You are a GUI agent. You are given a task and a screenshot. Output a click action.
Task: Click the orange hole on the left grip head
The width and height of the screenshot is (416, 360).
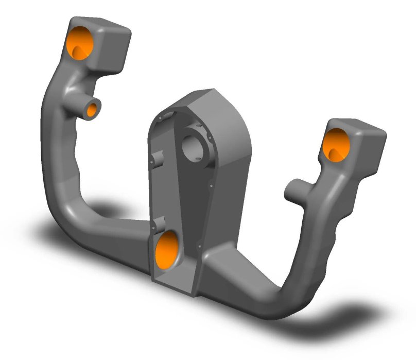pos(81,42)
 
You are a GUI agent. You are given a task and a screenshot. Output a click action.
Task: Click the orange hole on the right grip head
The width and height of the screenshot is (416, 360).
pos(336,144)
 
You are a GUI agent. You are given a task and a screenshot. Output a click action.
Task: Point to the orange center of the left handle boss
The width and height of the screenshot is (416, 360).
pos(93,109)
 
